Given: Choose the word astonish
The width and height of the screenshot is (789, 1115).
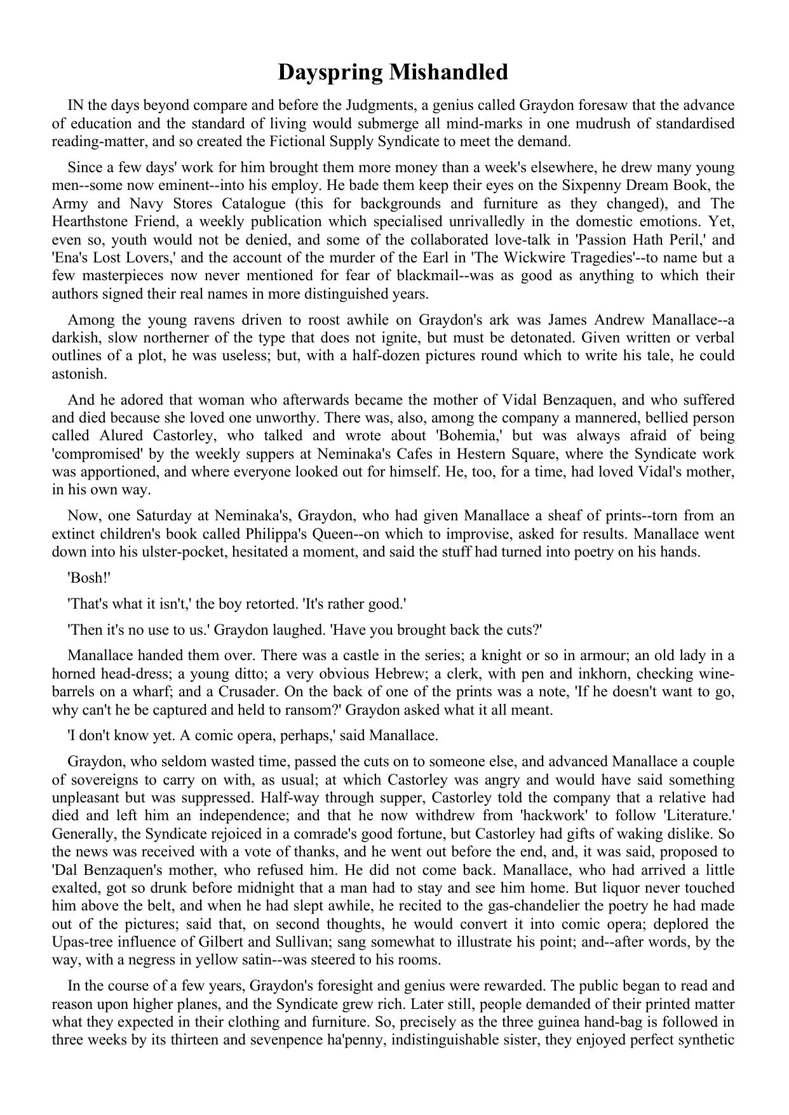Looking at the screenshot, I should [x=74, y=374].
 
